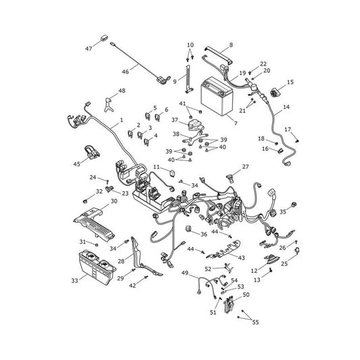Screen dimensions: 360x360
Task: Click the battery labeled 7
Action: [217, 96]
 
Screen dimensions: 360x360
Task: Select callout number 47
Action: [88, 49]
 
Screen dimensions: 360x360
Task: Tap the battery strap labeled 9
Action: [188, 79]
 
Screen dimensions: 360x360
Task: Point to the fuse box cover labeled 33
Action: [97, 267]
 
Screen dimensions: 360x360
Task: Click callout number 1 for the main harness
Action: [122, 120]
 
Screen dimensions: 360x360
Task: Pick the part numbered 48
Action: [109, 105]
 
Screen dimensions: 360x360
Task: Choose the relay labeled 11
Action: [172, 172]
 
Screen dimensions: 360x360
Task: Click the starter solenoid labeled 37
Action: [195, 125]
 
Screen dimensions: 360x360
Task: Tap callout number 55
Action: [255, 322]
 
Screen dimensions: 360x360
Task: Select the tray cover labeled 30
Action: [95, 224]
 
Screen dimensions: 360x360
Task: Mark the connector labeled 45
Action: [92, 152]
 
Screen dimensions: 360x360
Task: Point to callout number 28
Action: [121, 261]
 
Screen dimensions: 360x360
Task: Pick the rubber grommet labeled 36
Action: [188, 229]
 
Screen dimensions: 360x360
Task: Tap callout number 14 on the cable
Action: [286, 107]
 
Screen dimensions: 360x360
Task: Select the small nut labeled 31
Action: [97, 245]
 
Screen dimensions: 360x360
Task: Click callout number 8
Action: [231, 45]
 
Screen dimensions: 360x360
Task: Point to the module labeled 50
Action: [229, 305]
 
